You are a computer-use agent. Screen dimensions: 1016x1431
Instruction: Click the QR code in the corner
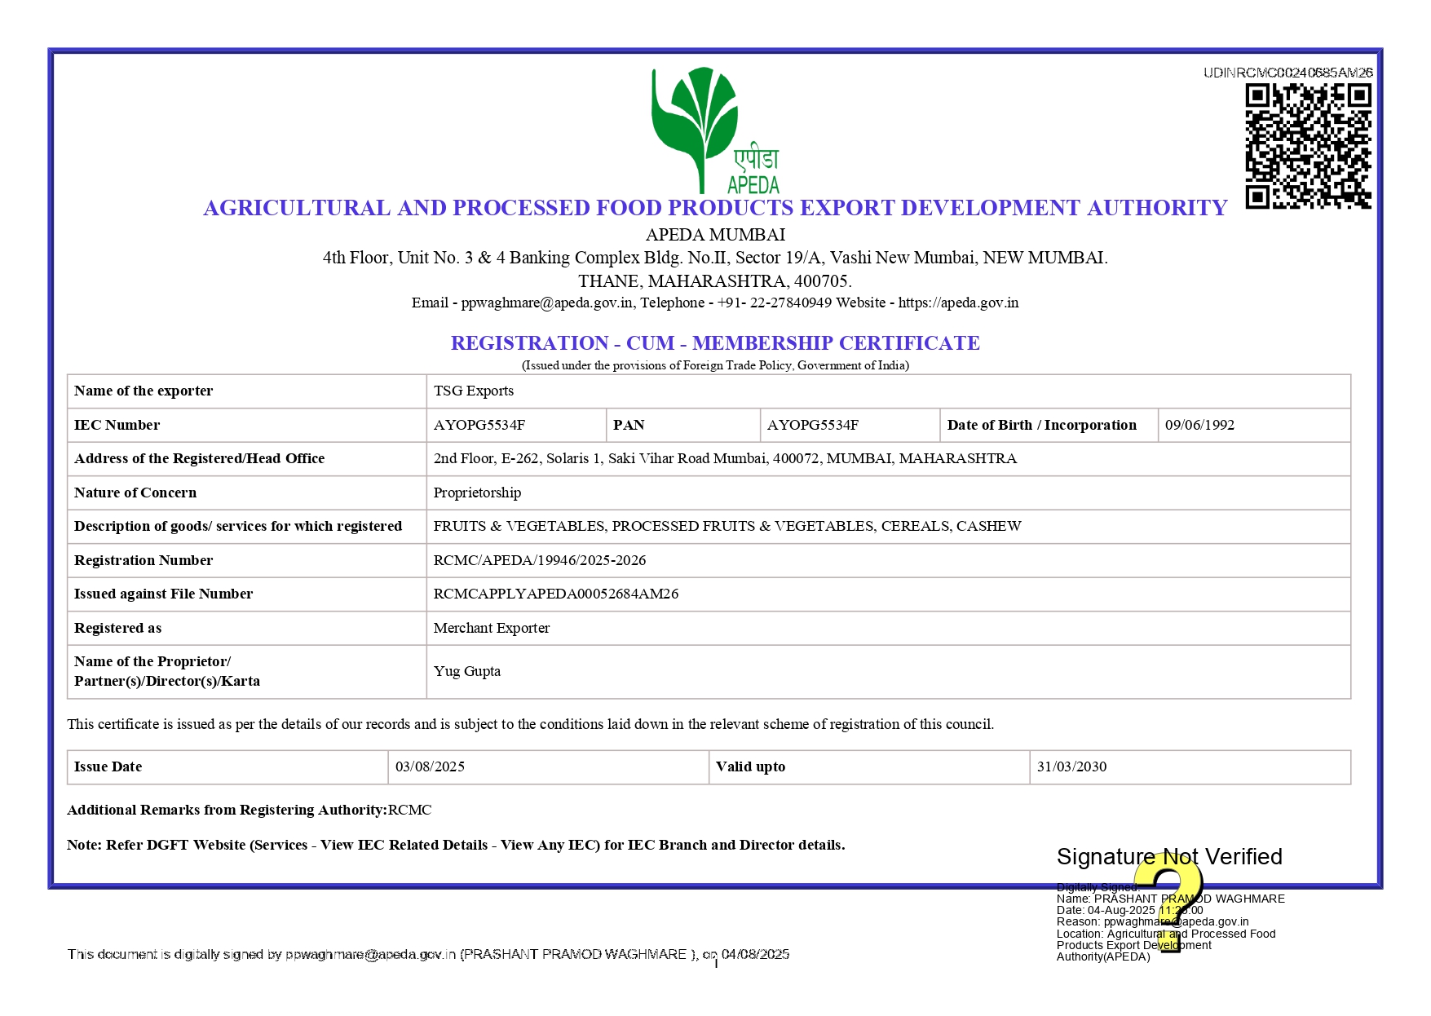(1307, 146)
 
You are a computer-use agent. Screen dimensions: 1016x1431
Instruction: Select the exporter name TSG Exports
(473, 391)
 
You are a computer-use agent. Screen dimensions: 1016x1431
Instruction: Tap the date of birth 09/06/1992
(1199, 425)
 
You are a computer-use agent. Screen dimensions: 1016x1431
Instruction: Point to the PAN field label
(629, 425)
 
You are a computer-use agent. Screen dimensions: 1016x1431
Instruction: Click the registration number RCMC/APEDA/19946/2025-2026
(539, 560)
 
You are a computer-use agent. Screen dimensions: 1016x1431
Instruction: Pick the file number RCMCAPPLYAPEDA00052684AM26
(555, 594)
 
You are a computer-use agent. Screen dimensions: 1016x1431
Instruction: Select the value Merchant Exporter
(491, 628)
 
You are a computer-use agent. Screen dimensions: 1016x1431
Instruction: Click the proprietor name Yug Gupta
(466, 671)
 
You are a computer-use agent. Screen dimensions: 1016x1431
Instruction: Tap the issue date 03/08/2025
(430, 766)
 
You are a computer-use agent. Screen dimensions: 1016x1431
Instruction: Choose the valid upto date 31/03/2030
(1071, 766)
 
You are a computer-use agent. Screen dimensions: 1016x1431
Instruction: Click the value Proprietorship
(477, 493)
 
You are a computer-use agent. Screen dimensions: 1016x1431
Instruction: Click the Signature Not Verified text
(1168, 856)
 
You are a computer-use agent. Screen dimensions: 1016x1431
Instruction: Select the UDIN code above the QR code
(1287, 73)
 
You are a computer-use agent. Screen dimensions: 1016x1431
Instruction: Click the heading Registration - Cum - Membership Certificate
(715, 342)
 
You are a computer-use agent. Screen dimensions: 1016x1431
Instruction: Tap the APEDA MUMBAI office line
(715, 235)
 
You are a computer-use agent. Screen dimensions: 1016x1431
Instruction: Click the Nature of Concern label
(135, 493)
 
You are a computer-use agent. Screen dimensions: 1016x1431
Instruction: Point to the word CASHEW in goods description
(988, 526)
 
